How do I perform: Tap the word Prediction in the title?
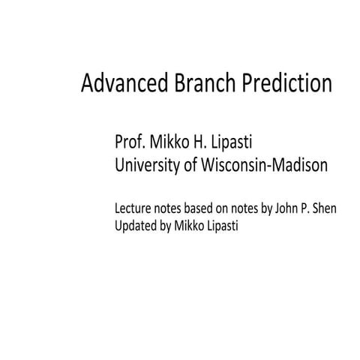click(286, 84)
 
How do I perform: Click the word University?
click(147, 166)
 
